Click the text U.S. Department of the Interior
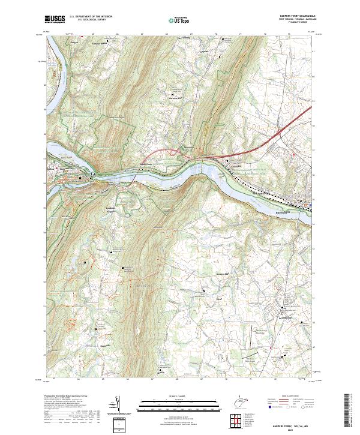91,17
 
